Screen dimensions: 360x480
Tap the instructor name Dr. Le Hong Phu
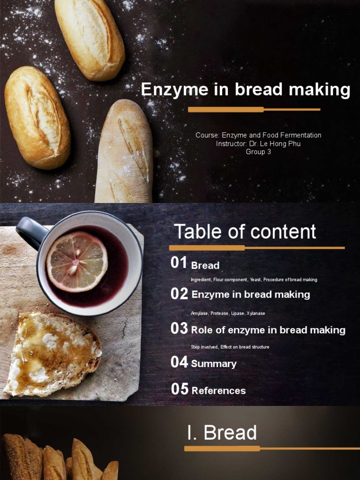pos(275,143)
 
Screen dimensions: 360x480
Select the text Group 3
pos(258,151)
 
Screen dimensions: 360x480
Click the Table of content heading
pos(245,232)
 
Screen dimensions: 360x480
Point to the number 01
pos(179,262)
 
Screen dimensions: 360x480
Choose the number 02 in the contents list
pos(179,293)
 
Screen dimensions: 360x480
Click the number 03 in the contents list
pos(179,328)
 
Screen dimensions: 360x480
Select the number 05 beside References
pos(180,389)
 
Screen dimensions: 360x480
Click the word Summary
pos(214,364)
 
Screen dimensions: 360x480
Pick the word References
pos(218,390)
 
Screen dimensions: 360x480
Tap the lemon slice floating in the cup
pos(77,261)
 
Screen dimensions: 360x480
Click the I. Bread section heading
pos(222,433)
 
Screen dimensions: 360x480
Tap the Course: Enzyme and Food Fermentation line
pos(258,135)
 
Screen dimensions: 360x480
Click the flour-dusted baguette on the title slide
pos(125,151)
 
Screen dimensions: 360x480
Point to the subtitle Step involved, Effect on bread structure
pos(230,347)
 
